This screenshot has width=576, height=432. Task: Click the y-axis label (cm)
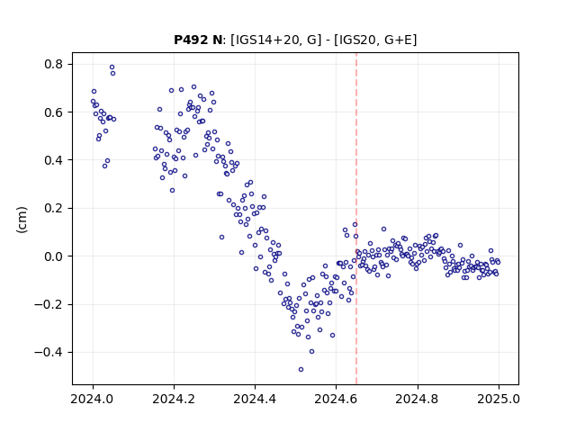coord(22,220)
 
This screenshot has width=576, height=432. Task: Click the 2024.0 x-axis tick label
coord(93,399)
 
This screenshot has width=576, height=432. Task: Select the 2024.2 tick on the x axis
coord(174,399)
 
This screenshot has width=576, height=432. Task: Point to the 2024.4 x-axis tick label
coord(255,399)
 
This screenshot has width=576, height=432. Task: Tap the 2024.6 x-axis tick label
coord(336,399)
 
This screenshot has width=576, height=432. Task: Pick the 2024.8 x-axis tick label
coord(418,399)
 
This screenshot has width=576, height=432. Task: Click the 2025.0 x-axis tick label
coord(499,399)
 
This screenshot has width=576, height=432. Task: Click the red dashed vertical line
coord(356,219)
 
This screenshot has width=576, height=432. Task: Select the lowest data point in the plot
coord(301,369)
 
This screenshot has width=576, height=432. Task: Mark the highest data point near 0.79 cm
coord(112,67)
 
